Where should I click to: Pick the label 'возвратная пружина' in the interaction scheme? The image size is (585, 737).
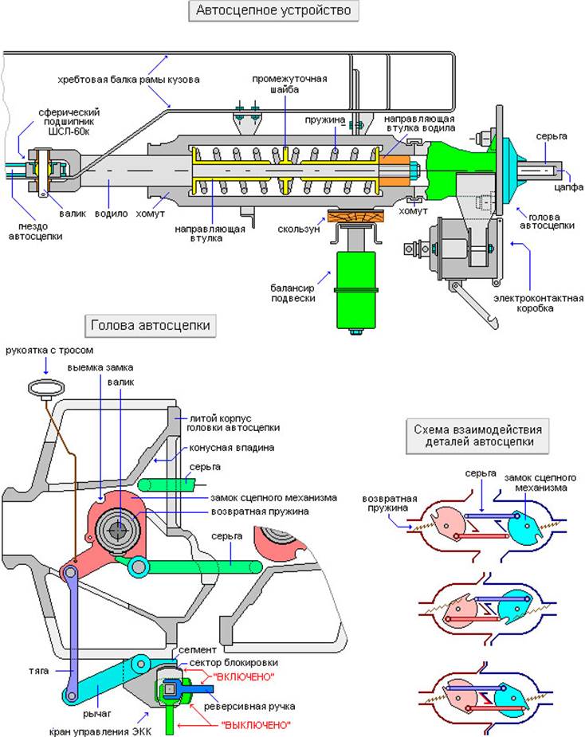[x=385, y=497]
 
